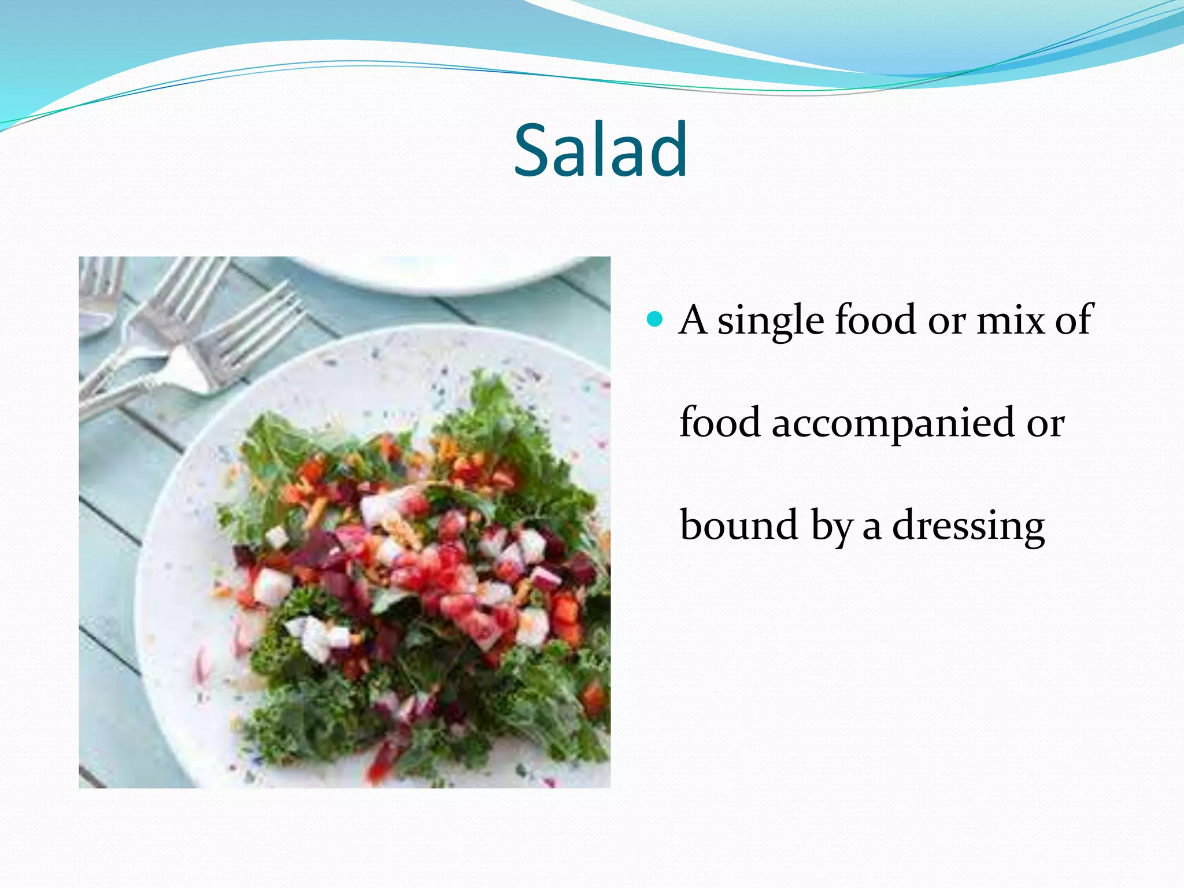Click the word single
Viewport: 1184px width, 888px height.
770,320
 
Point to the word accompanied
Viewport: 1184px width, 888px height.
893,423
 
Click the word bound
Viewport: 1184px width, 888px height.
739,524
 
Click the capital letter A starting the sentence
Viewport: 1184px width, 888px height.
693,320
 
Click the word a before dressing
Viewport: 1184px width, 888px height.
872,527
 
